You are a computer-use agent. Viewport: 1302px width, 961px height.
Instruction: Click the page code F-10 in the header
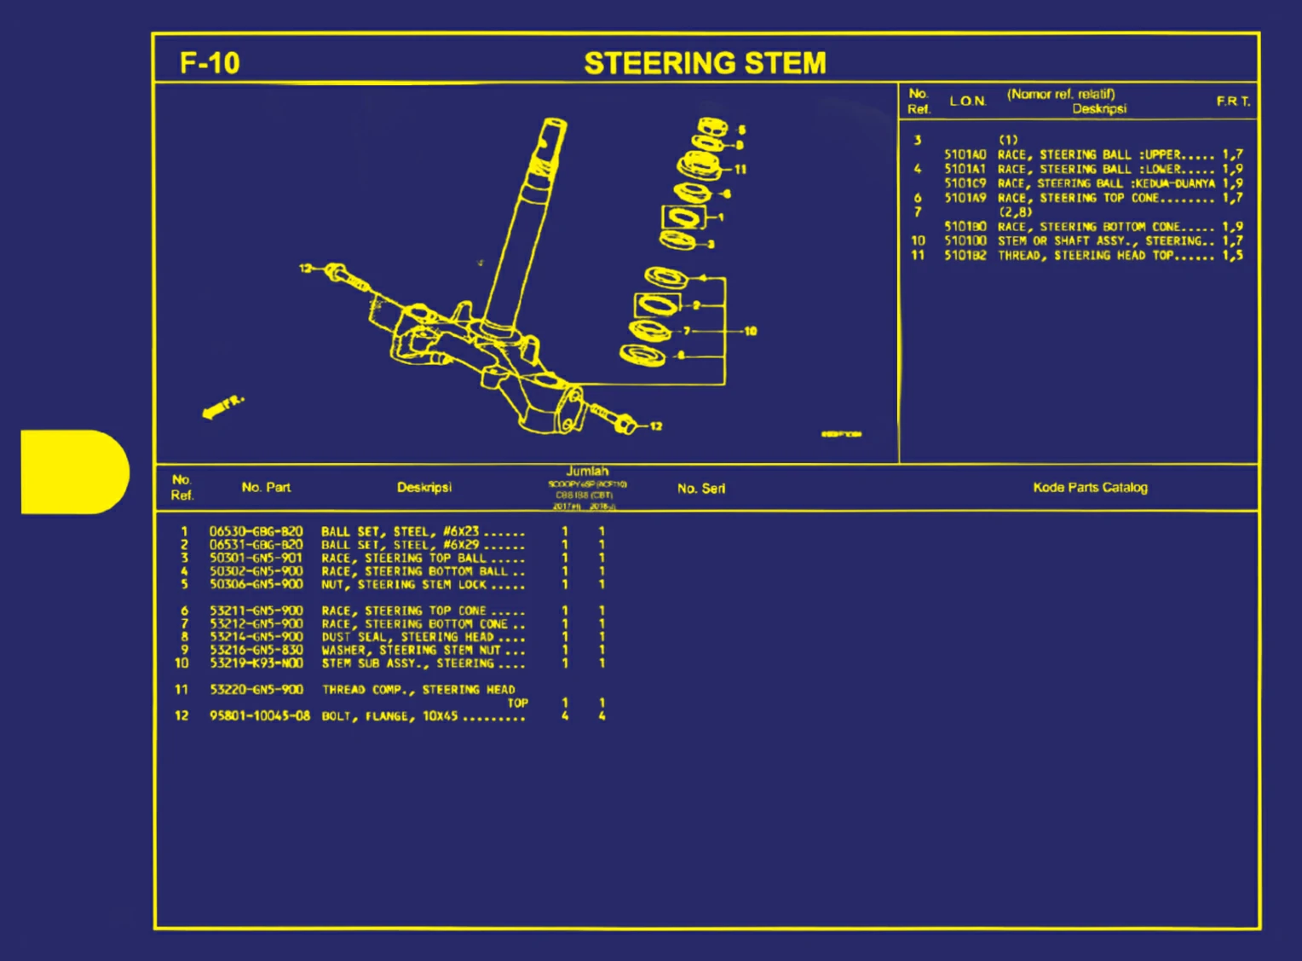pos(210,63)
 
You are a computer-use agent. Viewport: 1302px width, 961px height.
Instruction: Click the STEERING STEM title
pos(705,63)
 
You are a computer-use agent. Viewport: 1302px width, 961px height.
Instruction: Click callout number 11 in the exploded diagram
pos(740,169)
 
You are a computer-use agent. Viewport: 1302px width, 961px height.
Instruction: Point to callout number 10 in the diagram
pos(750,331)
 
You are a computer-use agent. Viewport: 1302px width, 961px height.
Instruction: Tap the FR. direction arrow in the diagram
pos(222,407)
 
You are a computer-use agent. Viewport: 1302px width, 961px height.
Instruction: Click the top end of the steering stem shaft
pos(552,130)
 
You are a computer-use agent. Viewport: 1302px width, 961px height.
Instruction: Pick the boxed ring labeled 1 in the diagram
pos(683,217)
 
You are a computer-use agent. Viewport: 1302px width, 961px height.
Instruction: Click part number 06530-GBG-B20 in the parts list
pos(256,531)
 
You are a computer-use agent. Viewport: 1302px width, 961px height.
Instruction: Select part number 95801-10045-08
pos(259,716)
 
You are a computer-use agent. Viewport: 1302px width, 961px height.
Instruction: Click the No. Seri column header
pos(700,489)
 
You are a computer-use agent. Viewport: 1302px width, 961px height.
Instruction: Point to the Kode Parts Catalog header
pos(1090,488)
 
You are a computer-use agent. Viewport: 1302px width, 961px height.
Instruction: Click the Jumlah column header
pos(587,472)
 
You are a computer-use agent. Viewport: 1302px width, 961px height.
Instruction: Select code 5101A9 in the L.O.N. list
pos(965,198)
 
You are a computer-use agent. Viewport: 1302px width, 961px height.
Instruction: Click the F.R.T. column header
pos(1232,101)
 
